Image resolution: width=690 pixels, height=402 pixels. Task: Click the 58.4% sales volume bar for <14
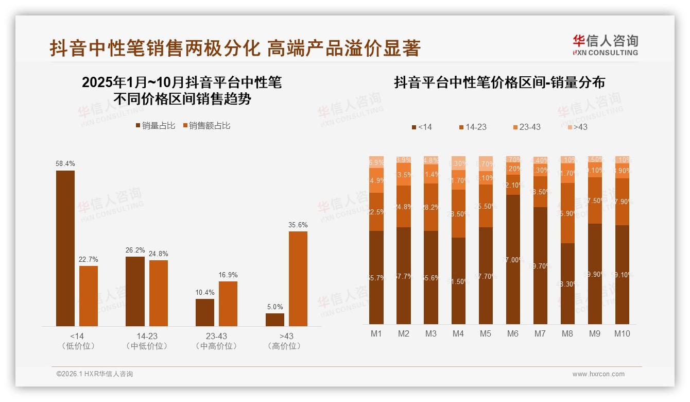(x=65, y=248)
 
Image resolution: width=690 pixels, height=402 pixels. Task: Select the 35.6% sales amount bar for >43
(x=298, y=278)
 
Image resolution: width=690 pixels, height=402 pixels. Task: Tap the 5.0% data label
(x=274, y=307)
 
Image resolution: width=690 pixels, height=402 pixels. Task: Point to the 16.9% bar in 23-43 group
(x=228, y=303)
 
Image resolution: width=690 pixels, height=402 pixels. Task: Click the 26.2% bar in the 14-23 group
(x=135, y=291)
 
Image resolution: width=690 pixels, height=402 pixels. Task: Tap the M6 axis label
(x=512, y=333)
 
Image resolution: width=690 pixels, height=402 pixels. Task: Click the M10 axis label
(x=622, y=333)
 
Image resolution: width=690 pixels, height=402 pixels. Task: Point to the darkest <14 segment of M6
(x=512, y=259)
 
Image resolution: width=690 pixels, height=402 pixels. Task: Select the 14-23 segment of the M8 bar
(x=567, y=213)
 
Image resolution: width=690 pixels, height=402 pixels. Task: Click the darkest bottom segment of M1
(x=376, y=277)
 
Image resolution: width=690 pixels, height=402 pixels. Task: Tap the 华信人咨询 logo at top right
(x=605, y=45)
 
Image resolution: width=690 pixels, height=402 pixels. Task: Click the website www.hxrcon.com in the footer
(x=598, y=374)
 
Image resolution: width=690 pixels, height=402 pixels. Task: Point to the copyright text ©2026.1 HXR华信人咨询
(x=94, y=374)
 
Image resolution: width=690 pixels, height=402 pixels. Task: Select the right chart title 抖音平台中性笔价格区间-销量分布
(x=499, y=82)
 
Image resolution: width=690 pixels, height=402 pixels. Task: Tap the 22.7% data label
(x=89, y=259)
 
